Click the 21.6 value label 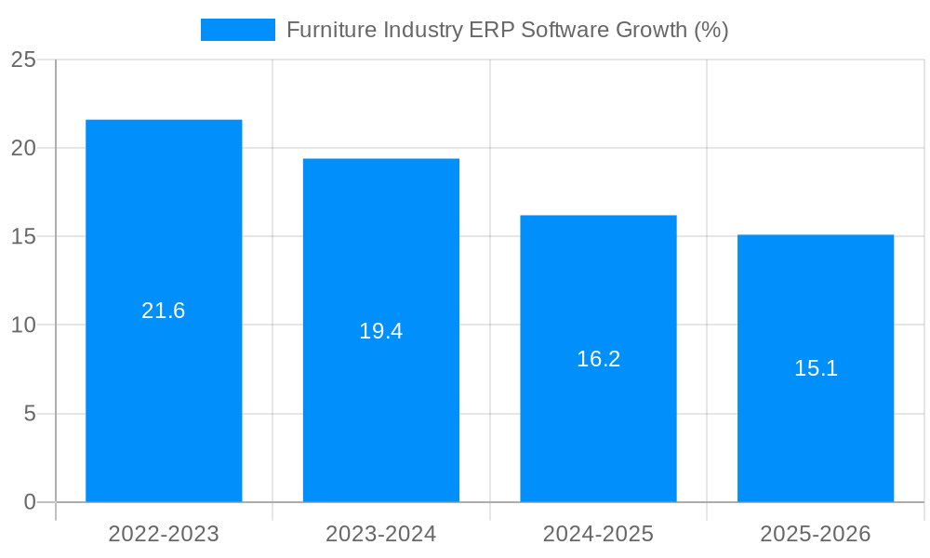pos(164,311)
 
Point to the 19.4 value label pos(381,331)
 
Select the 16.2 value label pos(598,359)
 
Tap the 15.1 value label pos(816,368)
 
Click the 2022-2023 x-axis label pos(164,534)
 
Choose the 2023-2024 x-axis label pos(381,534)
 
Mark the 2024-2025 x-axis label pos(598,534)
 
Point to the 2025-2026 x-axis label pos(816,534)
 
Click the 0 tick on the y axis pos(29,502)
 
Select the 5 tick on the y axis pos(29,414)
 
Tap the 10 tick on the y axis pos(23,325)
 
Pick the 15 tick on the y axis pos(23,237)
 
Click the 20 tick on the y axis pos(23,148)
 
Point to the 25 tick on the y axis pos(23,60)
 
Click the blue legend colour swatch pos(238,30)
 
